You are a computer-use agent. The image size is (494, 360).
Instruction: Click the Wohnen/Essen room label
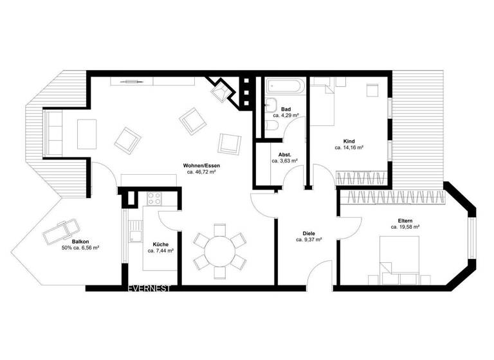201,166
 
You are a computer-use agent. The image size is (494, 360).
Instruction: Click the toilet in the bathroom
271,126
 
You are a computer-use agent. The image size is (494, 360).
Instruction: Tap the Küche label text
160,244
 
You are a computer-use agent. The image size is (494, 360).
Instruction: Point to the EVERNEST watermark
149,289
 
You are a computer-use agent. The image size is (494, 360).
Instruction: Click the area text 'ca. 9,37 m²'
309,240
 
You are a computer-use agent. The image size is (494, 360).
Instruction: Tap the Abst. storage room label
284,155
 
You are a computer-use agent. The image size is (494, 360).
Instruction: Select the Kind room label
349,141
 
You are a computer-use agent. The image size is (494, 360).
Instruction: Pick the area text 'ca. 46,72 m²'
201,172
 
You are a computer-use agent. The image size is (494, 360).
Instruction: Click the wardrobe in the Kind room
363,177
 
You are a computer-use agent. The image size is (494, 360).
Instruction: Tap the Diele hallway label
309,233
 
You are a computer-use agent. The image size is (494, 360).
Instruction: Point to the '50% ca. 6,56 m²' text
80,248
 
